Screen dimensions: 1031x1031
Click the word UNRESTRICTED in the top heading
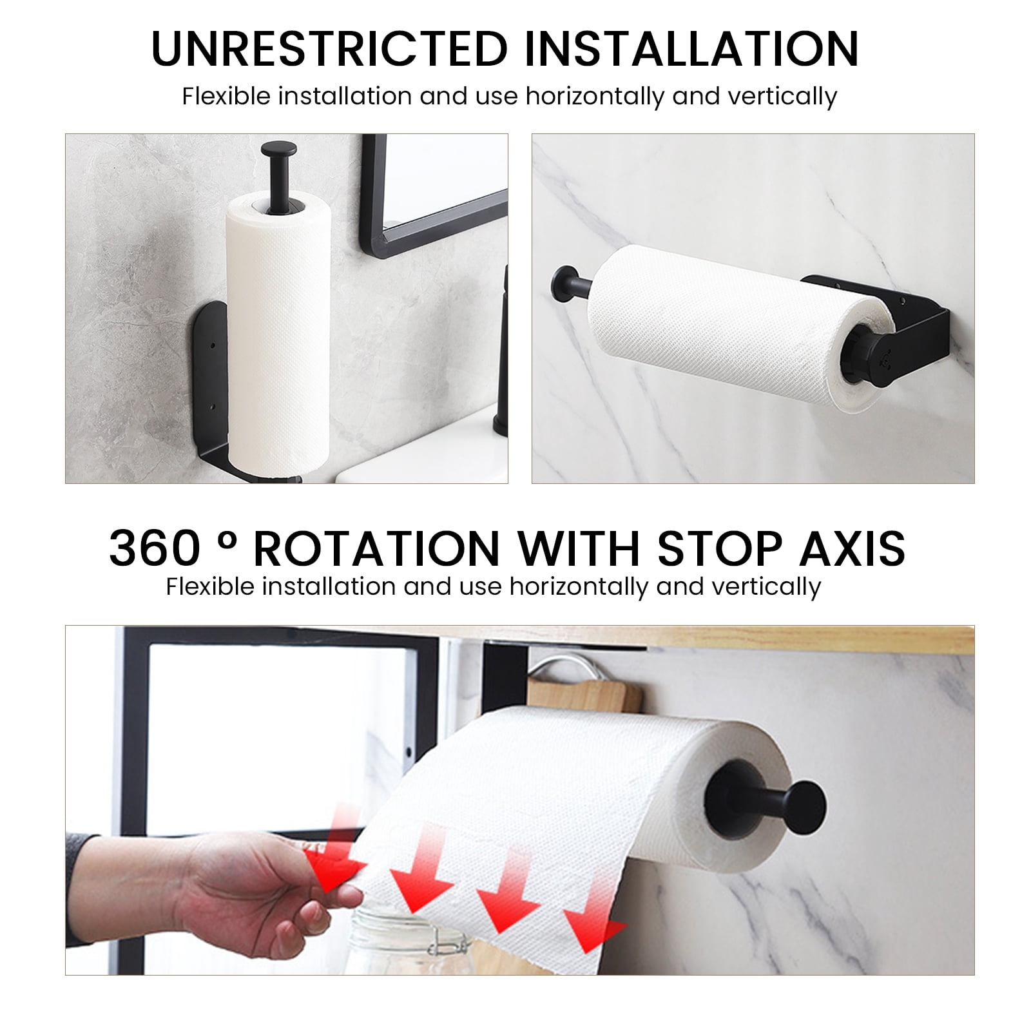pyautogui.click(x=329, y=48)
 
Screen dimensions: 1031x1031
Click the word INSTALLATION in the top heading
pyautogui.click(x=691, y=48)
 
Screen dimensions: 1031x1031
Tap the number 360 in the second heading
pyautogui.click(x=155, y=548)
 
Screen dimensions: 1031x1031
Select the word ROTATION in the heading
pyautogui.click(x=376, y=548)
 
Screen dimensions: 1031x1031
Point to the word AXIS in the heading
pyautogui.click(x=852, y=548)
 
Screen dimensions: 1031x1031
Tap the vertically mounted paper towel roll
pyautogui.click(x=278, y=336)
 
